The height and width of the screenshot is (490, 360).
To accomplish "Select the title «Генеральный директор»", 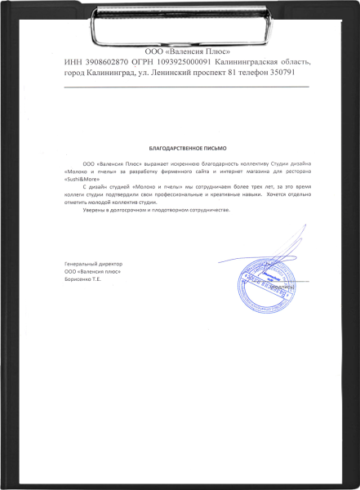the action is coord(92,265).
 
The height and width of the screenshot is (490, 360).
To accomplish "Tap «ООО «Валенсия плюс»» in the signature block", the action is coord(92,272).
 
